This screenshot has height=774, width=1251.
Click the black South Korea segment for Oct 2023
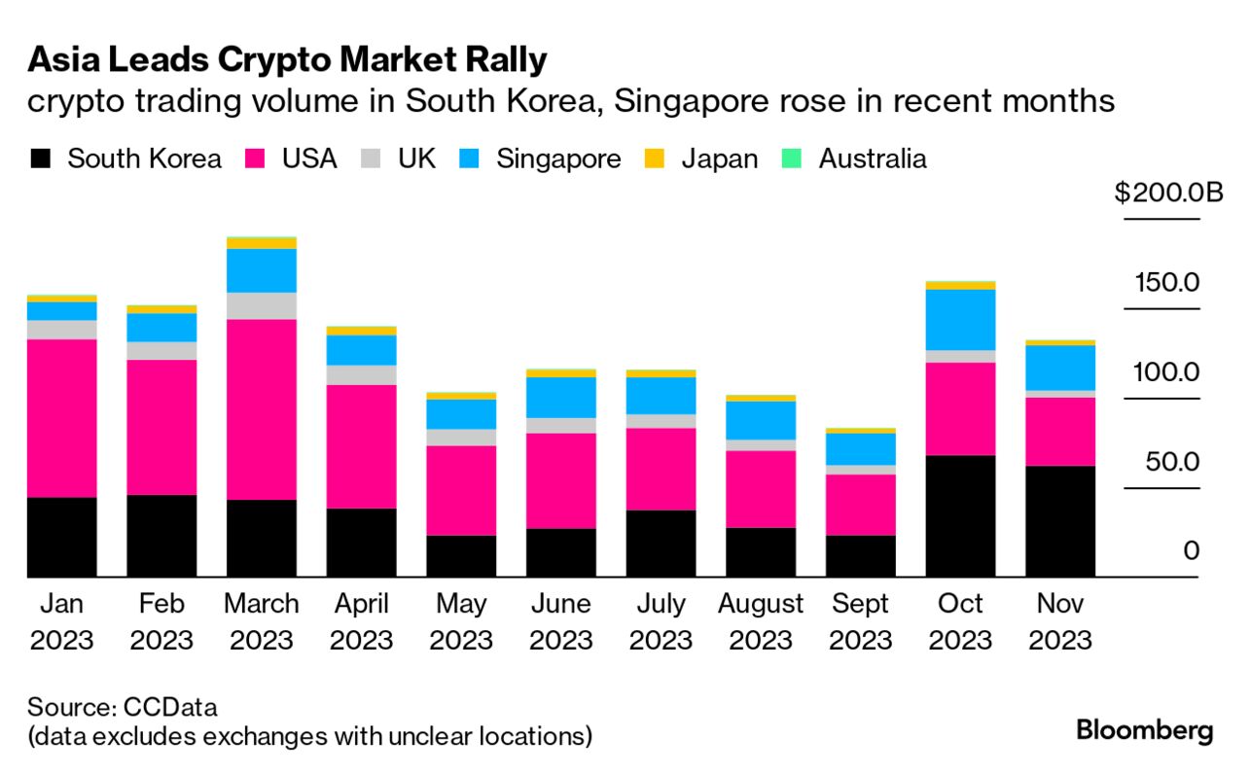click(x=960, y=515)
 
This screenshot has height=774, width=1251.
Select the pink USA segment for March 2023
click(x=261, y=408)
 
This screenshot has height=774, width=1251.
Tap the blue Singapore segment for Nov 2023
click(x=1060, y=368)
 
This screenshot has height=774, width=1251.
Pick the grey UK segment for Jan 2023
click(x=61, y=330)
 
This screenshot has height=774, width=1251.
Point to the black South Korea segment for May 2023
click(x=461, y=556)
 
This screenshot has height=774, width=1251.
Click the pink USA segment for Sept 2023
click(x=861, y=504)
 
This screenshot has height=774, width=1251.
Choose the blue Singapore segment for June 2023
click(x=561, y=397)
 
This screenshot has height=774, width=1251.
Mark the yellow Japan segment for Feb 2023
click(x=161, y=309)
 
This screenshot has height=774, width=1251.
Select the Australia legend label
click(x=873, y=158)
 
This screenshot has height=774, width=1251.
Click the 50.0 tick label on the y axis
click(x=1172, y=461)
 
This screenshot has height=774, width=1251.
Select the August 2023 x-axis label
click(x=761, y=621)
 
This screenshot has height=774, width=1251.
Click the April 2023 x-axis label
click(x=361, y=621)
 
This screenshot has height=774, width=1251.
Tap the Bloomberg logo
click(x=1145, y=731)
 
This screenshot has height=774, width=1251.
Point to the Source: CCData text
click(x=123, y=705)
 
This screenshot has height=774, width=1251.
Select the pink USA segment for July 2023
click(x=661, y=469)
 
